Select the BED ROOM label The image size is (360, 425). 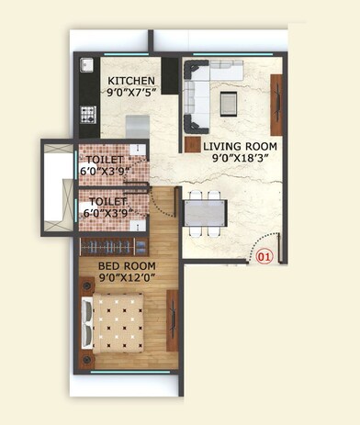[126, 267]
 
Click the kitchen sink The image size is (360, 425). [86, 66]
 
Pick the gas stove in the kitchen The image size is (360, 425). [90, 115]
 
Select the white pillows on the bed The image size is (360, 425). [88, 322]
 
